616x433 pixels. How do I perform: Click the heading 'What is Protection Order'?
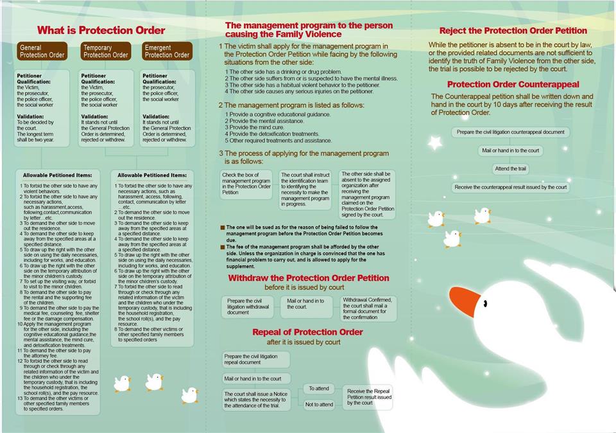tap(101, 30)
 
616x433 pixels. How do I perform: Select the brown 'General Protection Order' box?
tap(42, 51)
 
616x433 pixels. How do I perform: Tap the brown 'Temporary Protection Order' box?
tap(106, 51)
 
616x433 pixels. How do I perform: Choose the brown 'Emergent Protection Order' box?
tap(167, 51)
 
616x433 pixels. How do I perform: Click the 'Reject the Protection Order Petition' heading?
tap(513, 30)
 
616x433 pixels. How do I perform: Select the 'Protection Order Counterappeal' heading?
tap(513, 84)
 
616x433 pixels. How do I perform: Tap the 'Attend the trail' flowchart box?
tap(510, 169)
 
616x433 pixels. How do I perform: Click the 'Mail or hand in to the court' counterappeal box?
tap(510, 150)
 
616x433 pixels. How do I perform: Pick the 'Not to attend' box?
tap(319, 404)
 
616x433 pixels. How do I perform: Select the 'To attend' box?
tap(319, 389)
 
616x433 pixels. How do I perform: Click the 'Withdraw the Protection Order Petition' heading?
tap(309, 278)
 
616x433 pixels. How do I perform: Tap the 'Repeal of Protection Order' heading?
tap(307, 332)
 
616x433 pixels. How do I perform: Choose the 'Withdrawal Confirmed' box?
tap(368, 308)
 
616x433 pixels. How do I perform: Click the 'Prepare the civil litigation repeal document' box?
tap(256, 359)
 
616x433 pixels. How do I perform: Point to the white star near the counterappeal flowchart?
tap(435, 143)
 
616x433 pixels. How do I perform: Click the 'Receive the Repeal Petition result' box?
tap(369, 397)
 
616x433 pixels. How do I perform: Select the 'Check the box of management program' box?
tap(247, 183)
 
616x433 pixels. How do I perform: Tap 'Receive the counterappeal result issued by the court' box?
tap(510, 188)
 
